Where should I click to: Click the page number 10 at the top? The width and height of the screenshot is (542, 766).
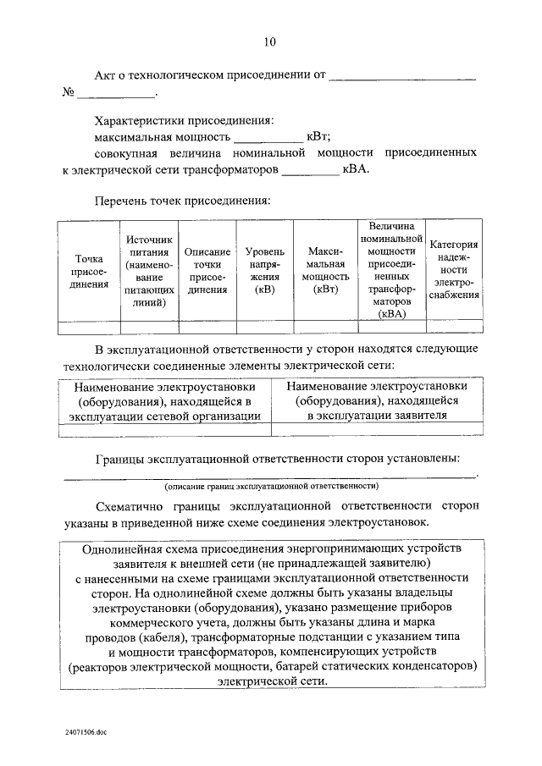click(x=269, y=41)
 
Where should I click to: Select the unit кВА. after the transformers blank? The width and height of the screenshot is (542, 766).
click(x=356, y=168)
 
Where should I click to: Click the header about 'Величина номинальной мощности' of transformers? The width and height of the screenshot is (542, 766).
click(x=390, y=270)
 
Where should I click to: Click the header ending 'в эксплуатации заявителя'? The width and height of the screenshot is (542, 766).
click(x=377, y=400)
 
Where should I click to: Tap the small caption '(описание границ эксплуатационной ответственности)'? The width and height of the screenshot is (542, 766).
click(x=271, y=487)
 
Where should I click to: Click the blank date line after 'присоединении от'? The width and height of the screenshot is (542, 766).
click(x=401, y=76)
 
